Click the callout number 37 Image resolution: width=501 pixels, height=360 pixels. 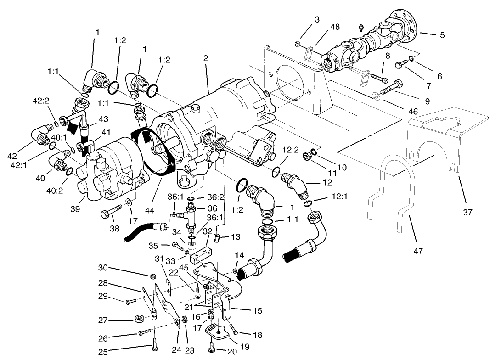[x=468, y=213]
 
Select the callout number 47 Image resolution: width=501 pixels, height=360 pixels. [x=418, y=251]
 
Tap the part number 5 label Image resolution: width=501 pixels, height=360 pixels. [x=442, y=35]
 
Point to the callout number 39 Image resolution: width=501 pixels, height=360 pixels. [x=76, y=209]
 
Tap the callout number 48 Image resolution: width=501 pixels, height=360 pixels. [x=335, y=27]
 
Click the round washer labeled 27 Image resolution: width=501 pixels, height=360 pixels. [x=139, y=319]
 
